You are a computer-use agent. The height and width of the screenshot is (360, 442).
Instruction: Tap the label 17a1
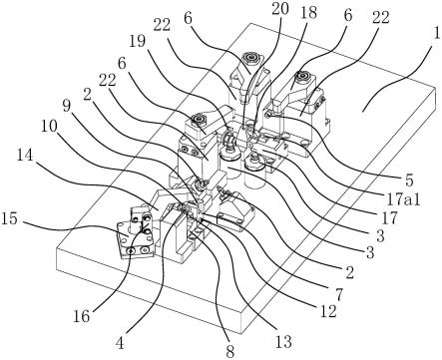pyautogui.click(x=403, y=199)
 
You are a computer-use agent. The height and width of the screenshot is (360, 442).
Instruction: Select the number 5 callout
pyautogui.click(x=409, y=180)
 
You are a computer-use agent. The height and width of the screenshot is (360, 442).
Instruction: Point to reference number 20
pyautogui.click(x=279, y=10)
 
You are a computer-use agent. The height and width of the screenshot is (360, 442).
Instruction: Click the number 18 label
pyautogui.click(x=308, y=13)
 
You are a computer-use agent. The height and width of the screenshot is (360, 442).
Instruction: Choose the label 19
pyautogui.click(x=138, y=42)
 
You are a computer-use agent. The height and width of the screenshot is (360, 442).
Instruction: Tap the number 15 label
pyautogui.click(x=9, y=219)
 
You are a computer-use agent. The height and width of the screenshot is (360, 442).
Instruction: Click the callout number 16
pyautogui.click(x=82, y=316)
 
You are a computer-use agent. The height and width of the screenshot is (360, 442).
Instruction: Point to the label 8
pyautogui.click(x=229, y=352)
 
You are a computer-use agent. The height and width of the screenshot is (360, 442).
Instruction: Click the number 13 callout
pyautogui.click(x=283, y=341)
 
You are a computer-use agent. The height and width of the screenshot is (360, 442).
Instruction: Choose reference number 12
pyautogui.click(x=328, y=311)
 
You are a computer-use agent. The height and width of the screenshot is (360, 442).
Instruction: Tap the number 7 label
pyautogui.click(x=338, y=294)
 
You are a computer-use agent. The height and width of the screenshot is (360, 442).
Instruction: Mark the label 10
pyautogui.click(x=49, y=127)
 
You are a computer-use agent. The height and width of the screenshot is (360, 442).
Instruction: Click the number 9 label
pyautogui.click(x=67, y=107)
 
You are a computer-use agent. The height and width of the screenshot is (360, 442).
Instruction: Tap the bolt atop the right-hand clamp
pyautogui.click(x=302, y=77)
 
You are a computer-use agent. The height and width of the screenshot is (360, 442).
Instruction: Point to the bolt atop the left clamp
pyautogui.click(x=197, y=119)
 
